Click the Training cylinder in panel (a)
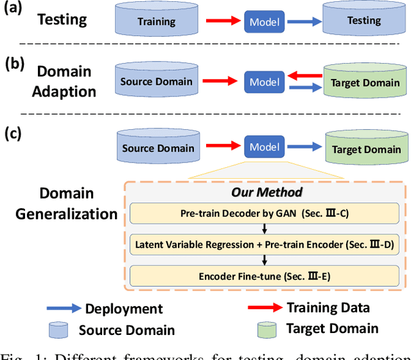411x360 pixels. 156,21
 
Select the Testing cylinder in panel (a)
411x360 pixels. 363,21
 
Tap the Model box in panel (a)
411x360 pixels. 264,22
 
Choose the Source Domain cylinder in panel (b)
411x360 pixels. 156,81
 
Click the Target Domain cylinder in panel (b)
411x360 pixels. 363,82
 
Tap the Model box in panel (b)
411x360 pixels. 264,82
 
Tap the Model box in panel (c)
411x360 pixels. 264,147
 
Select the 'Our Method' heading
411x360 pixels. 267,192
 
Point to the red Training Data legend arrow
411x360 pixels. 263,308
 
